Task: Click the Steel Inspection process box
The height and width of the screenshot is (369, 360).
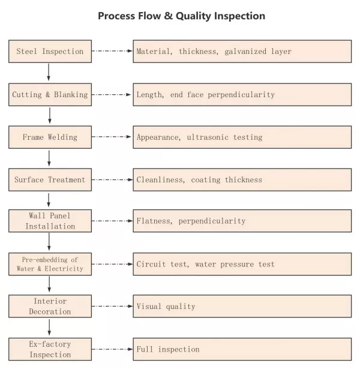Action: [50, 52]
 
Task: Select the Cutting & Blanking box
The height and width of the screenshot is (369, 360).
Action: [50, 95]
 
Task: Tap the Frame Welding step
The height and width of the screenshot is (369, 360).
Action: [50, 137]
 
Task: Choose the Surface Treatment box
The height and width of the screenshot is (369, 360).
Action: [50, 180]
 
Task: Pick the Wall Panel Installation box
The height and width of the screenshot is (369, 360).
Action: [50, 221]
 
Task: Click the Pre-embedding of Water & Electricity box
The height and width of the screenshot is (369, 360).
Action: [50, 264]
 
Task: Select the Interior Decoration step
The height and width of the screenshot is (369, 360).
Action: [50, 306]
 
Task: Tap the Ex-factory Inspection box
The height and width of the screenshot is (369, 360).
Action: [50, 349]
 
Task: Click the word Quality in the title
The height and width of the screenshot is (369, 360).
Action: [193, 16]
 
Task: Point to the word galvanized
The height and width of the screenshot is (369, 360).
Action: [245, 52]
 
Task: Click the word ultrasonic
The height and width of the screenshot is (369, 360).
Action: [208, 137]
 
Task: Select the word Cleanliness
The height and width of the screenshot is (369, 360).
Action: [160, 180]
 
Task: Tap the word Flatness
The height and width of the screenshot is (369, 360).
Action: [154, 221]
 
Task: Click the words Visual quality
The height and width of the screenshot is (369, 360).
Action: [166, 307]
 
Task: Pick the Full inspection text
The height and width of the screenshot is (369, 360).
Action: [168, 349]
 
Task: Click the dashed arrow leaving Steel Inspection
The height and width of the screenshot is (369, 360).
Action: [112, 51]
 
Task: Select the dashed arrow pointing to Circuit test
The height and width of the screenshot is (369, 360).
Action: [112, 264]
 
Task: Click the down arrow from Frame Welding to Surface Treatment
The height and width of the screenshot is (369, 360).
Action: [49, 158]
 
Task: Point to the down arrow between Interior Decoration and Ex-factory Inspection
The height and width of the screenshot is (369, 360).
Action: [49, 327]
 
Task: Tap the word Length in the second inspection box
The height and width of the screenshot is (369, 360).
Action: [149, 95]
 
